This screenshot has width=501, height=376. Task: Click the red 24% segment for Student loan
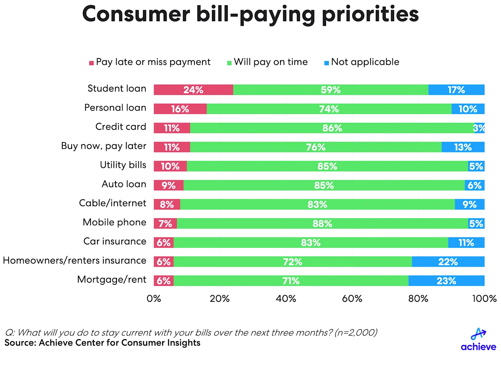(193, 90)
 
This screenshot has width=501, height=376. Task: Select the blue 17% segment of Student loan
(456, 90)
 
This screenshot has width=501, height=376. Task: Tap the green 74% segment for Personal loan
(329, 109)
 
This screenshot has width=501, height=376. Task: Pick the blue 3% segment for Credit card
(479, 128)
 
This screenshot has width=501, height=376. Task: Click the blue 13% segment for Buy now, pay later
(463, 147)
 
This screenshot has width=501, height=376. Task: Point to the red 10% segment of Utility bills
(170, 166)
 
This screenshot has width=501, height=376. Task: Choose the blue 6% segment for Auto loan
(475, 185)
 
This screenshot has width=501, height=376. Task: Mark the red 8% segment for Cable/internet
(167, 204)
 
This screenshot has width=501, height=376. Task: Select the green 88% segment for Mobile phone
(322, 224)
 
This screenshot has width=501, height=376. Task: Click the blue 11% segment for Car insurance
(466, 243)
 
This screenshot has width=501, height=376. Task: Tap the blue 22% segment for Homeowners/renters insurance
(448, 262)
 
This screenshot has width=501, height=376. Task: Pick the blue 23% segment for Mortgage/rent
(446, 281)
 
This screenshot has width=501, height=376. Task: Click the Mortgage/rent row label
(112, 280)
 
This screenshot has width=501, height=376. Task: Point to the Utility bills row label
(123, 165)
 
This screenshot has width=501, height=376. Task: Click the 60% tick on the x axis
(352, 299)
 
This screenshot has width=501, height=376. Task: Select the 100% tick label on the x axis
(484, 299)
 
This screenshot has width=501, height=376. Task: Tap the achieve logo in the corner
(478, 339)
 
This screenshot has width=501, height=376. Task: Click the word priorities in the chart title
(370, 15)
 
